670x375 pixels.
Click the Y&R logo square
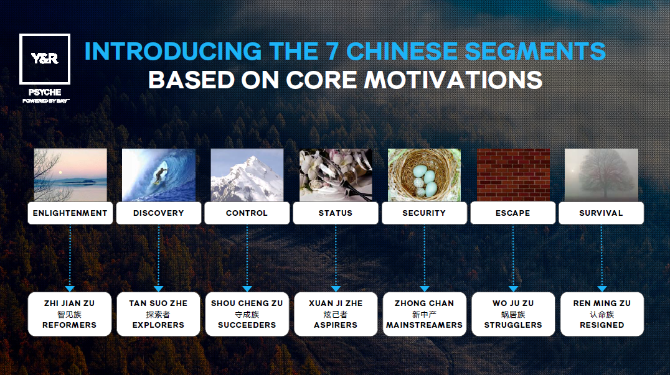pyautogui.click(x=45, y=35)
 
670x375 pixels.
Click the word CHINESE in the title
pyautogui.click(x=402, y=51)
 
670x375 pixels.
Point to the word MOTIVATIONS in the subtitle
pyautogui.click(x=453, y=80)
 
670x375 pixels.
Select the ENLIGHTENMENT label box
pyautogui.click(x=70, y=213)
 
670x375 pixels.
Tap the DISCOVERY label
pyautogui.click(x=159, y=213)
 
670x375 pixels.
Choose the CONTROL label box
pyautogui.click(x=247, y=213)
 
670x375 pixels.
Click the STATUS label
pyautogui.click(x=336, y=213)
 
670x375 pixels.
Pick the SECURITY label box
pyautogui.click(x=424, y=213)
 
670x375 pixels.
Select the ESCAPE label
pyautogui.click(x=512, y=213)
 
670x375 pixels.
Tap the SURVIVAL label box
pyautogui.click(x=602, y=213)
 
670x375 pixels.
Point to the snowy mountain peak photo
pyautogui.click(x=247, y=175)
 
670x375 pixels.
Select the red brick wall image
pyautogui.click(x=513, y=175)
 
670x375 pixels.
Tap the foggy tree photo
pyautogui.click(x=602, y=175)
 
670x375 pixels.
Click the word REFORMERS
pyautogui.click(x=69, y=325)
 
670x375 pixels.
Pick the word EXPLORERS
pyautogui.click(x=158, y=325)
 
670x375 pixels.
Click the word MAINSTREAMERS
pyautogui.click(x=424, y=325)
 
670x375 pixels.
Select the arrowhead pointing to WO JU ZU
pyautogui.click(x=513, y=289)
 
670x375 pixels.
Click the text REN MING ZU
pyautogui.click(x=602, y=303)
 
